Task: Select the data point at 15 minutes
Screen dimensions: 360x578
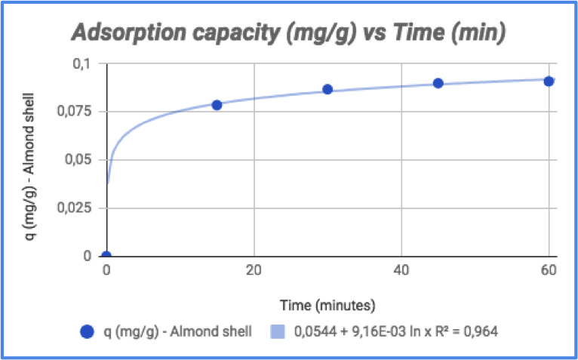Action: click(217, 105)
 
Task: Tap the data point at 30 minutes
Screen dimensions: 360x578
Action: click(327, 89)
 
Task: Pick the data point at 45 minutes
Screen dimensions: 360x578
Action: click(438, 83)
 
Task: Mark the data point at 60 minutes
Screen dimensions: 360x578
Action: click(549, 81)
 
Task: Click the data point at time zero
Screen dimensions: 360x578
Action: click(106, 256)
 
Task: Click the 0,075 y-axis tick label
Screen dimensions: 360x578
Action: click(83, 112)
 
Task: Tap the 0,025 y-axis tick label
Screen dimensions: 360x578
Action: click(83, 208)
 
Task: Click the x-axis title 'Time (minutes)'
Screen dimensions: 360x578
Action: click(327, 305)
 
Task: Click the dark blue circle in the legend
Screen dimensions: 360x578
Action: click(88, 331)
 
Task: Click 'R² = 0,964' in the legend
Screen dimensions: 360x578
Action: click(464, 331)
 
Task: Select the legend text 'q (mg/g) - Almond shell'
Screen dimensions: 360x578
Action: click(177, 331)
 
